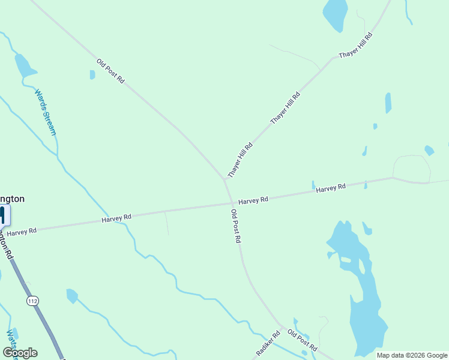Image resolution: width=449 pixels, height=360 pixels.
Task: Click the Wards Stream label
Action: (45, 113)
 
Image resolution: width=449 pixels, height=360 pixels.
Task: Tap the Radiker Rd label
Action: (268, 344)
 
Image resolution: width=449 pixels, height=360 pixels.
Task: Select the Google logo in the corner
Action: (20, 353)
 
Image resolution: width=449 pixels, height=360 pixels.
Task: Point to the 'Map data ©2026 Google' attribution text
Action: (412, 355)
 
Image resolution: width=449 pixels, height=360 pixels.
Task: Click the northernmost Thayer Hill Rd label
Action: (355, 45)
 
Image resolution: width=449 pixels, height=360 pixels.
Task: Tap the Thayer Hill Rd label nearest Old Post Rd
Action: (240, 160)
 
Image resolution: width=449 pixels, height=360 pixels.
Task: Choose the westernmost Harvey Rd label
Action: (22, 231)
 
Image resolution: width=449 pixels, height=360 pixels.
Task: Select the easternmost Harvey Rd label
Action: (331, 188)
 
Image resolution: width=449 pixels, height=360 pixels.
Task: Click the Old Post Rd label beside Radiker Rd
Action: (302, 340)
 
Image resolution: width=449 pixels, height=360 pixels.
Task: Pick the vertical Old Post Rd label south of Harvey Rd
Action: (236, 226)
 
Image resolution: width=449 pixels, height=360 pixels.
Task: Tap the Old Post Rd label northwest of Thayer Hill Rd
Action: (110, 71)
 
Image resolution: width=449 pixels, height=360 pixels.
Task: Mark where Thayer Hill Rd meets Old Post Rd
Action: (225, 179)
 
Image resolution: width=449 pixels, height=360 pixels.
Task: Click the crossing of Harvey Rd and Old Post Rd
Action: (232, 203)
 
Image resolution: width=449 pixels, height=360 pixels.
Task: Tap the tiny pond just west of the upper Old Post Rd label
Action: (92, 75)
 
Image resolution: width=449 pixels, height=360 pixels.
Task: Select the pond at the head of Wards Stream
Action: (24, 64)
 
